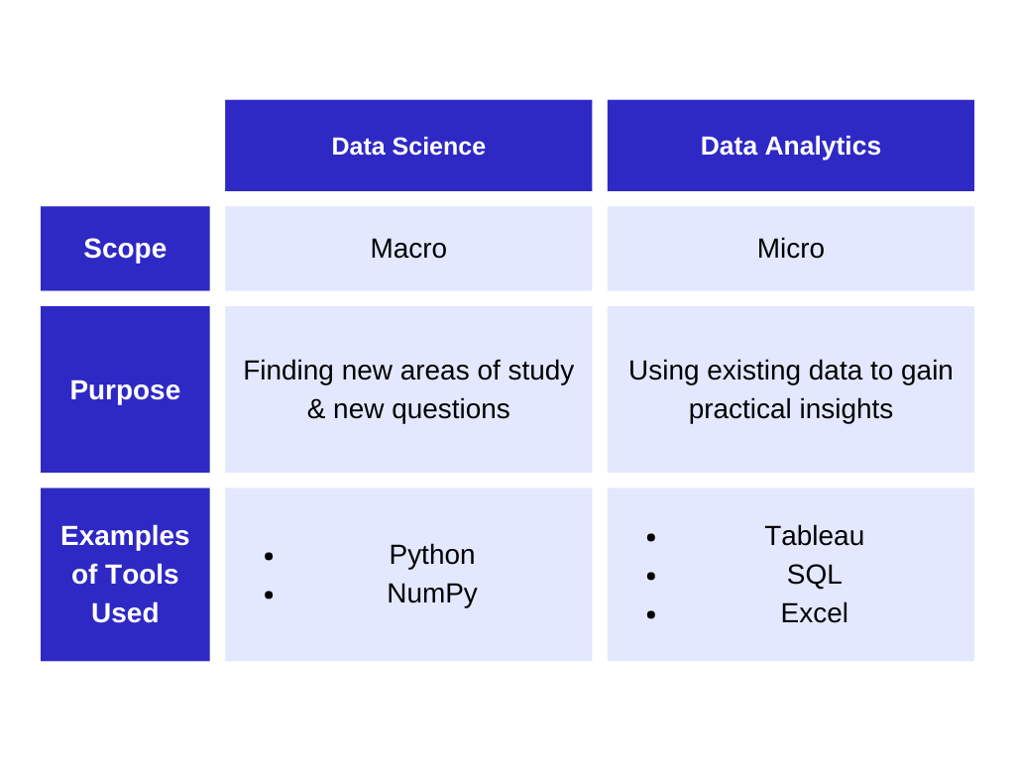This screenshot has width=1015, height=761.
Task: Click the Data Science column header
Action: click(x=408, y=146)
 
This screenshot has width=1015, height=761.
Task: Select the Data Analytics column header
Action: click(x=790, y=146)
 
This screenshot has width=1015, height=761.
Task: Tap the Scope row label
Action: click(x=125, y=249)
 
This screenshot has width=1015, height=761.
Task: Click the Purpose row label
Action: click(x=125, y=389)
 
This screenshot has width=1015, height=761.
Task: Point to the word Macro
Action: click(x=408, y=249)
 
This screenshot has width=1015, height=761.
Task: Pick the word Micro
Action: click(x=790, y=249)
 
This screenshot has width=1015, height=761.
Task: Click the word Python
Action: click(x=432, y=555)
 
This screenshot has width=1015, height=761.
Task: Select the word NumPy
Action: click(x=432, y=594)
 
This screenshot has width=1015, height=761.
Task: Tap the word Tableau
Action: click(x=815, y=536)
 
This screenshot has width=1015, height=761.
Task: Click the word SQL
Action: click(x=815, y=575)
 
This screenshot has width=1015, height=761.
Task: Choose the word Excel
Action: click(x=815, y=612)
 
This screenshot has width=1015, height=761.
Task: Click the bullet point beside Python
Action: click(x=269, y=556)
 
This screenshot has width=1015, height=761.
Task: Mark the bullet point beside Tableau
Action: click(x=651, y=537)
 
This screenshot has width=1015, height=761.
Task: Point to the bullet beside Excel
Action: click(x=651, y=614)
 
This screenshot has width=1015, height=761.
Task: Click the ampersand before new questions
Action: click(x=316, y=409)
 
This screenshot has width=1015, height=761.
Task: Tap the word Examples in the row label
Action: click(x=125, y=536)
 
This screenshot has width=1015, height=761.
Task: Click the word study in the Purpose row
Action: click(x=540, y=372)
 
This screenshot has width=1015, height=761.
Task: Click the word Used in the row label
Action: click(x=125, y=612)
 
